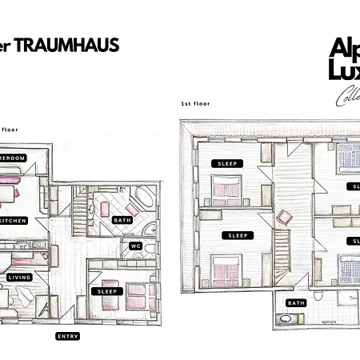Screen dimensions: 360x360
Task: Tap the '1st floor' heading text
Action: pos(195,104)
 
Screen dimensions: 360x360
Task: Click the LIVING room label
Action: pos(19,278)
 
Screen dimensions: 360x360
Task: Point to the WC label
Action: pos(135,246)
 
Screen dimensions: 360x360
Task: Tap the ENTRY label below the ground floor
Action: pos(67,336)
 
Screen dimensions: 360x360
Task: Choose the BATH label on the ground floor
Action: pos(122,219)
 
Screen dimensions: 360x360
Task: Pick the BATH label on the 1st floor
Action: pos(297,303)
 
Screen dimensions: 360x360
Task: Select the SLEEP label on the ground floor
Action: pos(108,291)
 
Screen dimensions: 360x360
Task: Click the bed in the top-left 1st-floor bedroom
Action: pos(227,192)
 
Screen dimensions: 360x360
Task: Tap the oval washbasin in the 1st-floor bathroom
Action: pos(286,321)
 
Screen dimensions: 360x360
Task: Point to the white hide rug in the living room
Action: pos(24,301)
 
